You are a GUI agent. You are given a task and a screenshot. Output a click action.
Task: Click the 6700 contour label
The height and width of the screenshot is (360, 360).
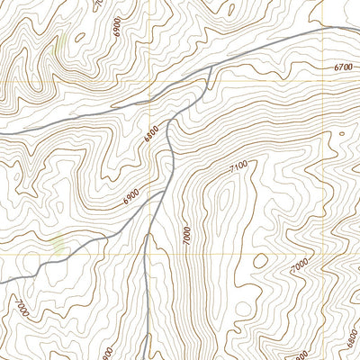tap(343, 67)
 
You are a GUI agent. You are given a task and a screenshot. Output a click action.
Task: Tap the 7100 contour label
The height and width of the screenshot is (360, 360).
tap(238, 167)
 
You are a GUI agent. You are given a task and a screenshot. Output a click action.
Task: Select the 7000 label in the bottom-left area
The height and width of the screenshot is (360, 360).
tap(20, 309)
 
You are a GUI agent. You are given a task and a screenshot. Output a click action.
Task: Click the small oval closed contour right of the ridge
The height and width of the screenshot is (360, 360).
tap(261, 262)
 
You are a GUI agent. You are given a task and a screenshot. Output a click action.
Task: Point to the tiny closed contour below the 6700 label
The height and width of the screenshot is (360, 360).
tap(341, 133)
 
